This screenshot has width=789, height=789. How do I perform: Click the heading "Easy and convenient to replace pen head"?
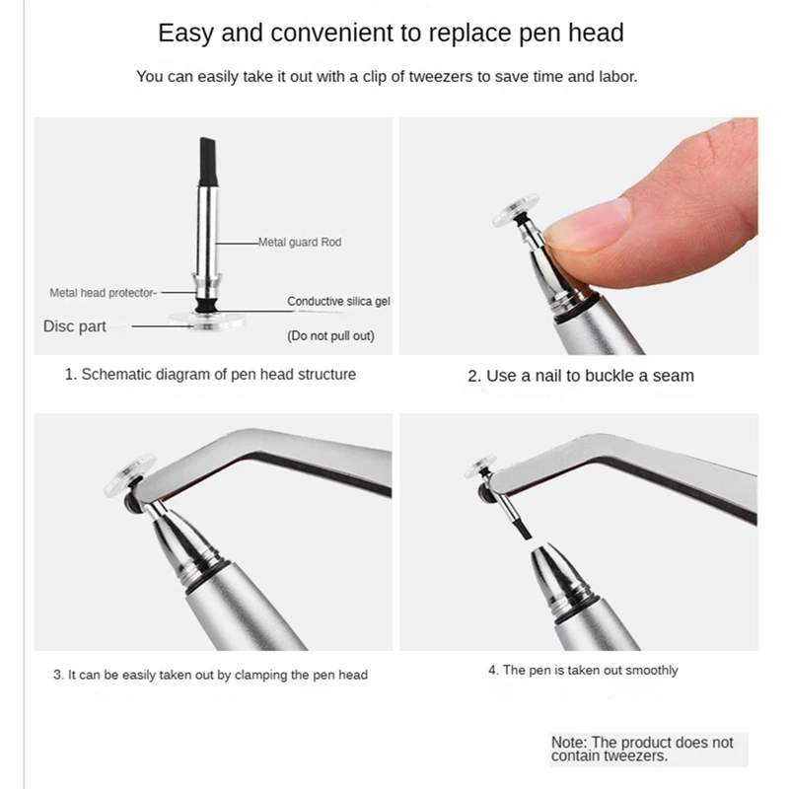pos(391,33)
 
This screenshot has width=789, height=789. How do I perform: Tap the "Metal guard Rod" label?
pos(300,242)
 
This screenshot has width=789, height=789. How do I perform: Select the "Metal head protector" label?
pos(103,293)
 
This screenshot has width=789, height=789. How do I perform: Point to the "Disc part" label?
pos(75,326)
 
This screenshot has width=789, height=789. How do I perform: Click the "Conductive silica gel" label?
pos(338,301)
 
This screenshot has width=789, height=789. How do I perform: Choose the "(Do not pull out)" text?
pos(330,335)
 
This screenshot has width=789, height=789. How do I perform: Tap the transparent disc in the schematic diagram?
pos(206,322)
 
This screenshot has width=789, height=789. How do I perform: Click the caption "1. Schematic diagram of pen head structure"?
pos(210,375)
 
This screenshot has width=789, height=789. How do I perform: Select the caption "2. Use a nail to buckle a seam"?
pos(580,376)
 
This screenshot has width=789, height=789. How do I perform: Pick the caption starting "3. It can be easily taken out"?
pos(210,675)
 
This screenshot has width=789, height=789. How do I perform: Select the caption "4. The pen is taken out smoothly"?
pos(583,671)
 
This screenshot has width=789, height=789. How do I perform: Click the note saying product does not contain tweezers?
pos(642,750)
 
